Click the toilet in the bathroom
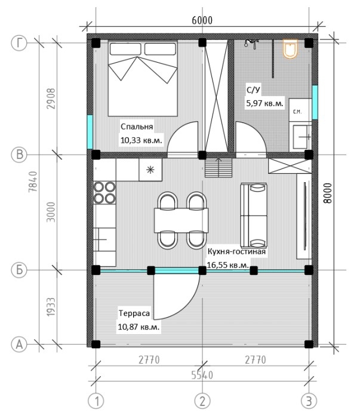(290, 49)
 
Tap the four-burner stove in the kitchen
(104, 192)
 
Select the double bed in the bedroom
(143, 78)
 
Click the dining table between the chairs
(181, 220)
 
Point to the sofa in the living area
(254, 215)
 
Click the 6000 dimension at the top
(202, 20)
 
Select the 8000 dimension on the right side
(327, 193)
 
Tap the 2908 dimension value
(51, 99)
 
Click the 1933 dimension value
(51, 307)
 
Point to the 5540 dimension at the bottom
(202, 375)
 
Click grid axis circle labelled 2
(202, 401)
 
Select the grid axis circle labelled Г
(19, 43)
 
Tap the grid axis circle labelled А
(19, 345)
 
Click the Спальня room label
(137, 127)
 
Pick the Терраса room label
(134, 313)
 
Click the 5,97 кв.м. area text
(264, 103)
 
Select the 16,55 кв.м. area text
(228, 265)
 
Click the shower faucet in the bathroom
(251, 43)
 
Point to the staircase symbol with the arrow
(219, 168)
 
